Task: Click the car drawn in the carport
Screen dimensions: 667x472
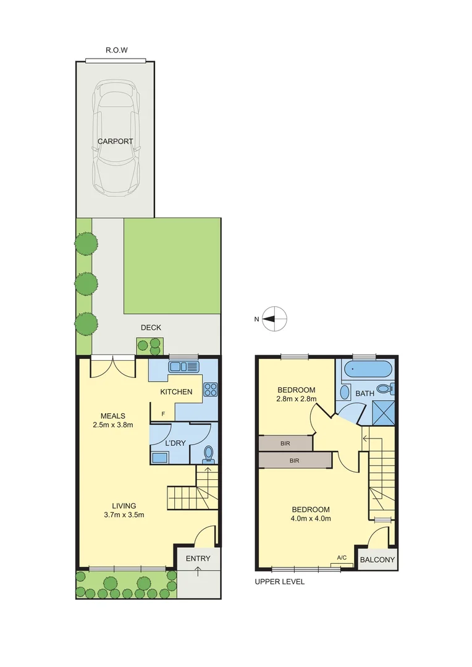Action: click(116, 139)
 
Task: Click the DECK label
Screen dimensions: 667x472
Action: click(151, 327)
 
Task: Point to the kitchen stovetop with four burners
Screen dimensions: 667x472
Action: click(209, 389)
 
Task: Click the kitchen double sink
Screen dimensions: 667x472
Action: click(183, 367)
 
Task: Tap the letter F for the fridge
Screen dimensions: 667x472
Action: click(164, 414)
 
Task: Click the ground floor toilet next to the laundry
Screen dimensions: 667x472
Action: click(209, 455)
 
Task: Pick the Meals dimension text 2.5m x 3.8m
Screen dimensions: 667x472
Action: click(114, 424)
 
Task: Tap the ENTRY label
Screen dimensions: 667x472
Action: click(198, 558)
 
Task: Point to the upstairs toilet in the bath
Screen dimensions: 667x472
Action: click(386, 389)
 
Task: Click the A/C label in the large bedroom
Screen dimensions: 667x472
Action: click(342, 558)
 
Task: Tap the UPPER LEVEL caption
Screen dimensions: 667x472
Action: click(280, 582)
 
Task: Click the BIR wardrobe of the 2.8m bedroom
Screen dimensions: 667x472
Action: click(284, 443)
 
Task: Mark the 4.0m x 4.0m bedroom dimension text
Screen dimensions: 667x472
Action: click(311, 518)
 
